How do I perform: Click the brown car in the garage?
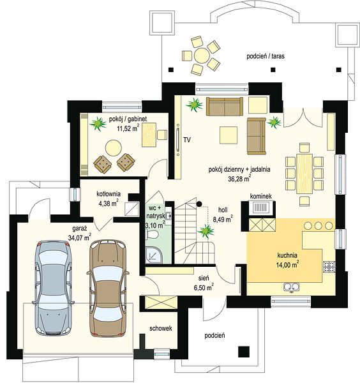108,289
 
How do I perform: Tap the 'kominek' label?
260,196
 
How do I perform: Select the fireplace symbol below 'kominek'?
261,208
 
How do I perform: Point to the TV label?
187,140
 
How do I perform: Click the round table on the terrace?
202,56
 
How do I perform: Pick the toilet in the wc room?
152,235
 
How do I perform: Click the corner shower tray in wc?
154,255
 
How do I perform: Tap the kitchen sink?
291,287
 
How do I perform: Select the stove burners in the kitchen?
329,266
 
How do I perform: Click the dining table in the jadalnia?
304,174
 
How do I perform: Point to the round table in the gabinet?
114,148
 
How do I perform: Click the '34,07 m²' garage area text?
80,237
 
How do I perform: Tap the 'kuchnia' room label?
287,255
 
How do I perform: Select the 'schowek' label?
161,328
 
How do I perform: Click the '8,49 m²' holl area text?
223,219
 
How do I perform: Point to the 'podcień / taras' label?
266,56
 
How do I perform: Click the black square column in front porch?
244,352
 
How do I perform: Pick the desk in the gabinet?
149,135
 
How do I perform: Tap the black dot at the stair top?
199,204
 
